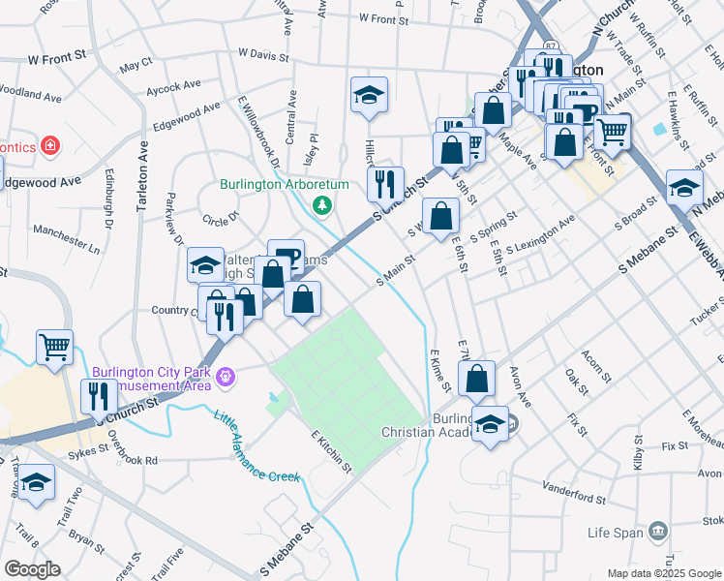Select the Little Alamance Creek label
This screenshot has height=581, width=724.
(255, 448)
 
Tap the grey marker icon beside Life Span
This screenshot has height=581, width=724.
(658, 531)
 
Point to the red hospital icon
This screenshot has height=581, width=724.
(50, 146)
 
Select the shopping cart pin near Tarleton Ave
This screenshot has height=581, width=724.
(54, 346)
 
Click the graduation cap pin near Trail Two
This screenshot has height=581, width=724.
(37, 483)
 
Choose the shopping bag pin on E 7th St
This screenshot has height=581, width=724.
(477, 379)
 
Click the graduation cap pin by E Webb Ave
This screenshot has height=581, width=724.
(684, 189)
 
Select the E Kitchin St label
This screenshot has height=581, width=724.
(331, 452)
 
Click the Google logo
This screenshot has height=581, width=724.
(32, 569)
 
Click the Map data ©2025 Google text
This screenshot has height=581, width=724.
(665, 573)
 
